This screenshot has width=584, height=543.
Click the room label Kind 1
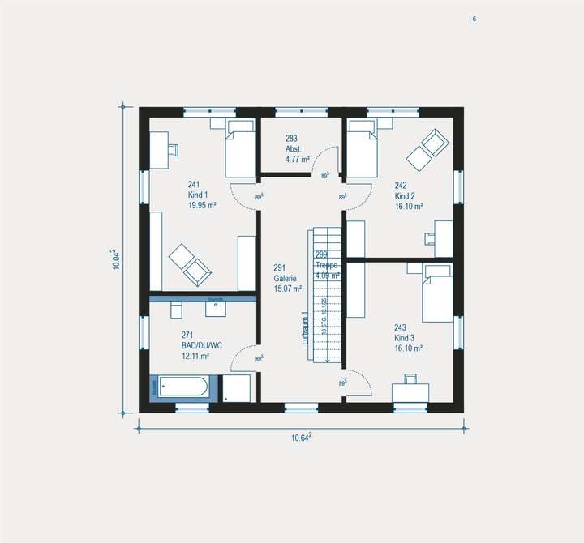[199, 195]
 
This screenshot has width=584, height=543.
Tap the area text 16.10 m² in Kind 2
[410, 207]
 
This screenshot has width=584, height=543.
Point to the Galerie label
[286, 278]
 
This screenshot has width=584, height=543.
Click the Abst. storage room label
[293, 149]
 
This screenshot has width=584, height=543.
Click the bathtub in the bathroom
[183, 387]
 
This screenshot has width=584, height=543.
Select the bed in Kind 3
[436, 292]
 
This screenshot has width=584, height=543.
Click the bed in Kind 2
[362, 149]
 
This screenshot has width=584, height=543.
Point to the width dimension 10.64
[301, 438]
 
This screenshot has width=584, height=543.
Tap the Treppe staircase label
[328, 266]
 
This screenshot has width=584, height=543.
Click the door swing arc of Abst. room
[328, 160]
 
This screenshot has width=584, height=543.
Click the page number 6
[474, 19]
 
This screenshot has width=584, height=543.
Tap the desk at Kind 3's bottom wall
[410, 391]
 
